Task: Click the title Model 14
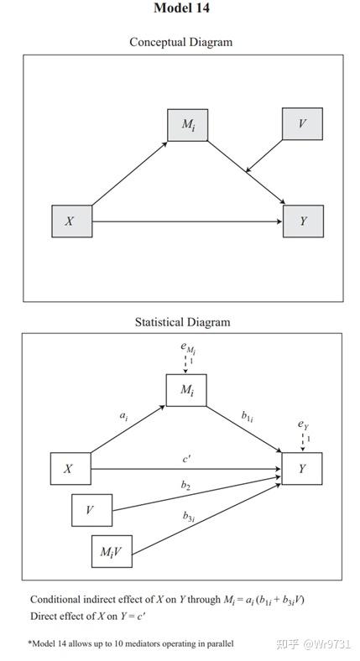[181, 8]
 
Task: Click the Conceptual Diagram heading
[180, 41]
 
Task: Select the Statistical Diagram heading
[181, 321]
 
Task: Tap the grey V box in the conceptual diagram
[301, 124]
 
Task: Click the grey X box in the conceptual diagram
[71, 221]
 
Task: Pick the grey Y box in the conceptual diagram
[302, 221]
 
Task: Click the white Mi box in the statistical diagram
[186, 390]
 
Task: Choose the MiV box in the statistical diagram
[112, 550]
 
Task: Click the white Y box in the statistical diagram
[301, 469]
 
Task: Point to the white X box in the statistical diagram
[70, 469]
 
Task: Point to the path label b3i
[190, 516]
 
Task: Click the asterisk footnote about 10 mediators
[131, 643]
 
